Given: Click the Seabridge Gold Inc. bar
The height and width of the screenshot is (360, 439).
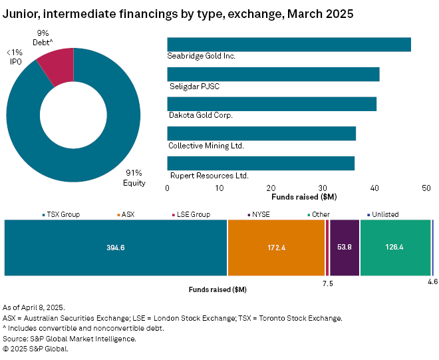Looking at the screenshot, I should tap(289, 45).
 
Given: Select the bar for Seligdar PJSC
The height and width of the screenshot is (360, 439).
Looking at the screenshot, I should tap(273, 74).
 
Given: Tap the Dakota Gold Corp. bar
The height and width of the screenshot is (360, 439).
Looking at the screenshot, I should tap(271, 104).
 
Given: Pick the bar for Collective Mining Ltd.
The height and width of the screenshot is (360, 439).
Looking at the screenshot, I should tap(261, 133).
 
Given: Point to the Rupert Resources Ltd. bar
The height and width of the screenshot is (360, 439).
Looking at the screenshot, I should tap(261, 163).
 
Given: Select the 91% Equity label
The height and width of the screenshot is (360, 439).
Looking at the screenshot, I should tap(135, 178).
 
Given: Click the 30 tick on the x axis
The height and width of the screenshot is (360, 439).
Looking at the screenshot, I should tap(323, 188).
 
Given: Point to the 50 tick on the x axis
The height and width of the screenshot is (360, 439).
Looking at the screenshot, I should tap(426, 188).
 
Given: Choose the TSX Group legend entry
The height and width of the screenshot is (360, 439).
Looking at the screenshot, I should tap(63, 214).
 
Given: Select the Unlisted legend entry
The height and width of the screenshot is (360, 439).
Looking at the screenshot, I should tap(382, 214).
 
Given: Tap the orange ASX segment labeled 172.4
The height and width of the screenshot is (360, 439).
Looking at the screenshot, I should tap(276, 247).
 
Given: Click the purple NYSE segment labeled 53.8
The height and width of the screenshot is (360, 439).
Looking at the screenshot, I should tap(345, 247).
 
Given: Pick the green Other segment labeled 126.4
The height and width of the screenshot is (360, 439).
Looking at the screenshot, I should tap(395, 247).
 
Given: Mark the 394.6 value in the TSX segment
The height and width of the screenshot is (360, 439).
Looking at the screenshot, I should tap(116, 247).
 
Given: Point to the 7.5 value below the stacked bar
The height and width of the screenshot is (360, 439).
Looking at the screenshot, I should tap(327, 283).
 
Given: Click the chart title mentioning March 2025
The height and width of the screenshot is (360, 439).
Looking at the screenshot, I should tap(178, 13).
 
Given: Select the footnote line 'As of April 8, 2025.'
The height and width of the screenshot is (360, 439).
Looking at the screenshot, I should tap(33, 307).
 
